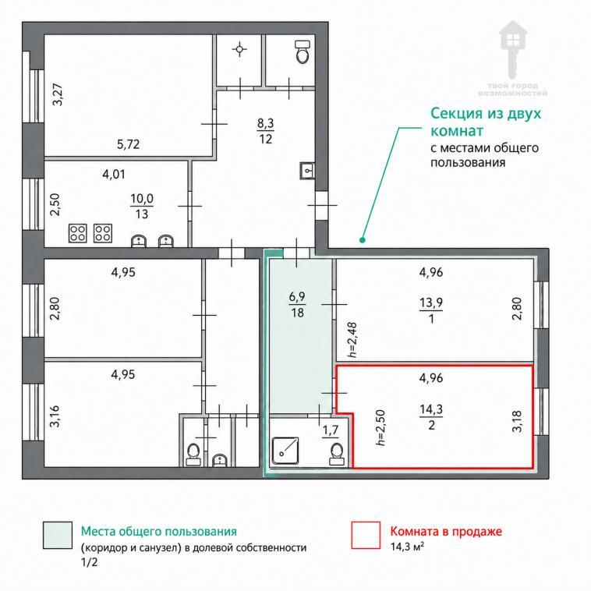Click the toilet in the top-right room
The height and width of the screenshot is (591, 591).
[303, 51]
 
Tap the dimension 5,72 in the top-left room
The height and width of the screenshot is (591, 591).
[128, 144]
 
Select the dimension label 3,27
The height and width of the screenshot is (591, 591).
[58, 94]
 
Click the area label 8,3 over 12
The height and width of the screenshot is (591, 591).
[266, 131]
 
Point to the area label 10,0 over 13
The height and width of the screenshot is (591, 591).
[142, 206]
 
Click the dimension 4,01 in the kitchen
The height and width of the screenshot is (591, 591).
[114, 174]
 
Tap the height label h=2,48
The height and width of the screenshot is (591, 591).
[352, 340]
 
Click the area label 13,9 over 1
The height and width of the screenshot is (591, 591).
[431, 310]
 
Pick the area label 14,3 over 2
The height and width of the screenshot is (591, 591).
[431, 416]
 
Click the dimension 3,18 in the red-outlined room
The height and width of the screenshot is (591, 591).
[517, 421]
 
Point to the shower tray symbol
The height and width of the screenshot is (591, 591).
[285, 451]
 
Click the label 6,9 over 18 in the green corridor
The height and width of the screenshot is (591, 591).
[297, 305]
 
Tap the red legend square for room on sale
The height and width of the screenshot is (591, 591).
[366, 535]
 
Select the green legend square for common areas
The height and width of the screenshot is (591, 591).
[58, 535]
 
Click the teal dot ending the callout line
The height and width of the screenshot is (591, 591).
[363, 239]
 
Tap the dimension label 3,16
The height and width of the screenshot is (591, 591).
[55, 416]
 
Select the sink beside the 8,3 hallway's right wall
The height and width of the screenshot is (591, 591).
[307, 171]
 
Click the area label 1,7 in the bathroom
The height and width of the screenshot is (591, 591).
[330, 430]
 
